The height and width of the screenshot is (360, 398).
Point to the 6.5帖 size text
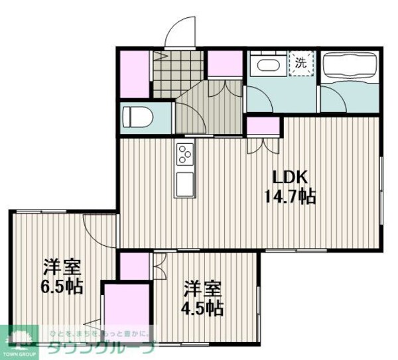click(62, 287)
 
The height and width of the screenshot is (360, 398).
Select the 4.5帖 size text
click(202, 308)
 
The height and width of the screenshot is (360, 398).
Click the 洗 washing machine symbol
click(300, 64)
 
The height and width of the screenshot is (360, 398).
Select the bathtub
click(349, 67)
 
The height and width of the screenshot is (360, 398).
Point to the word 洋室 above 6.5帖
click(62, 269)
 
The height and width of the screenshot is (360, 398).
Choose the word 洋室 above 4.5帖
click(202, 289)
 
